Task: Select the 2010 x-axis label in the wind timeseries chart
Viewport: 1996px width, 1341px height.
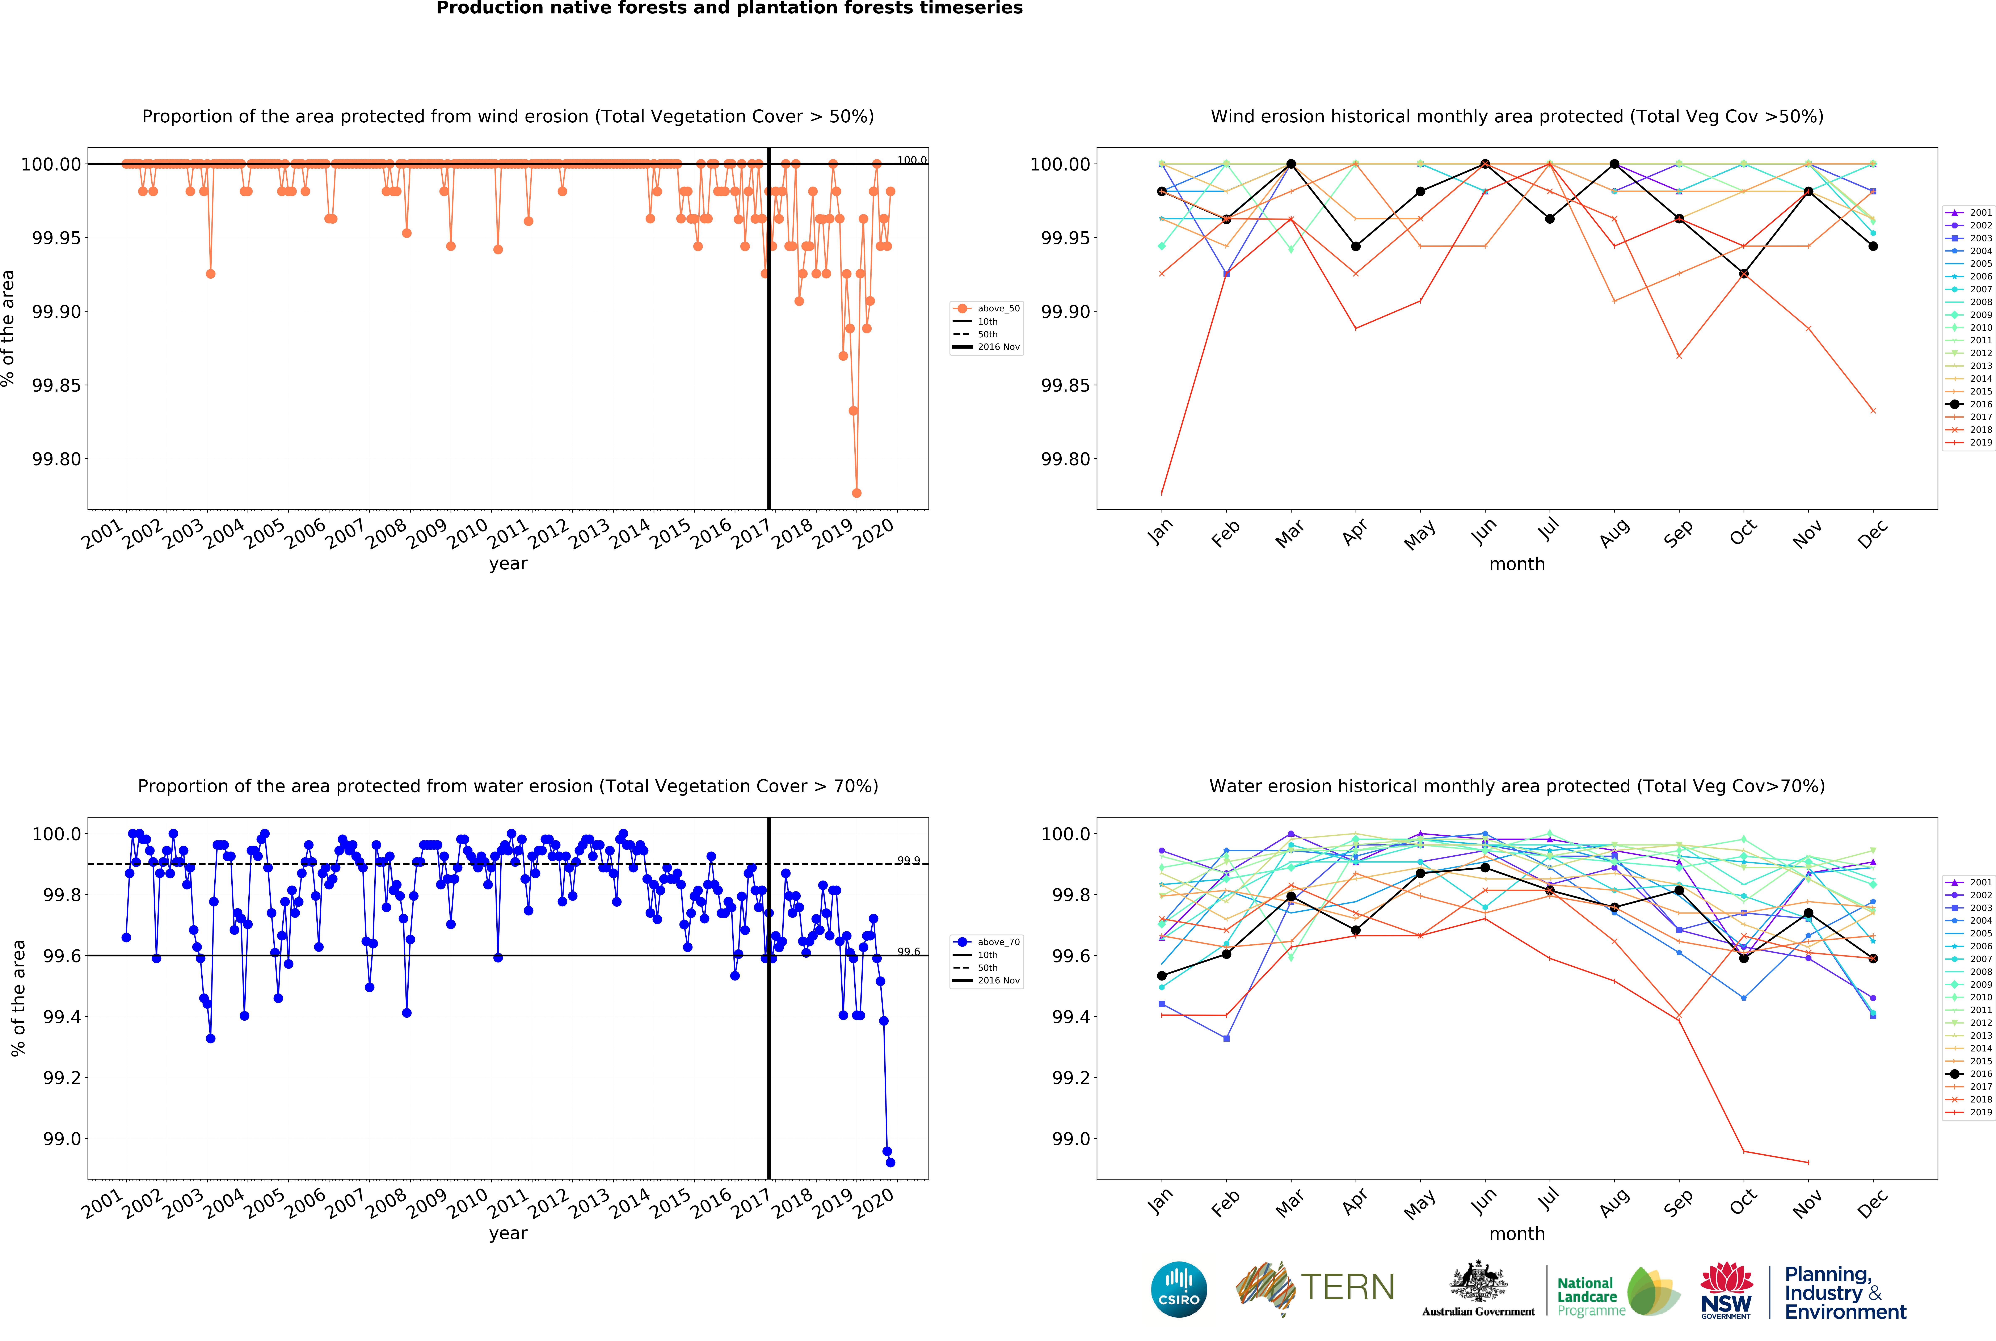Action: point(467,535)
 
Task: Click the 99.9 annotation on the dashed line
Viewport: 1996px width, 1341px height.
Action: point(908,860)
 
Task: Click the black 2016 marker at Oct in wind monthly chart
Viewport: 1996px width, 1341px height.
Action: point(1744,274)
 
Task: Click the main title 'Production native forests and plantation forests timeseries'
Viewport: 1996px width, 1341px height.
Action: point(729,9)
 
